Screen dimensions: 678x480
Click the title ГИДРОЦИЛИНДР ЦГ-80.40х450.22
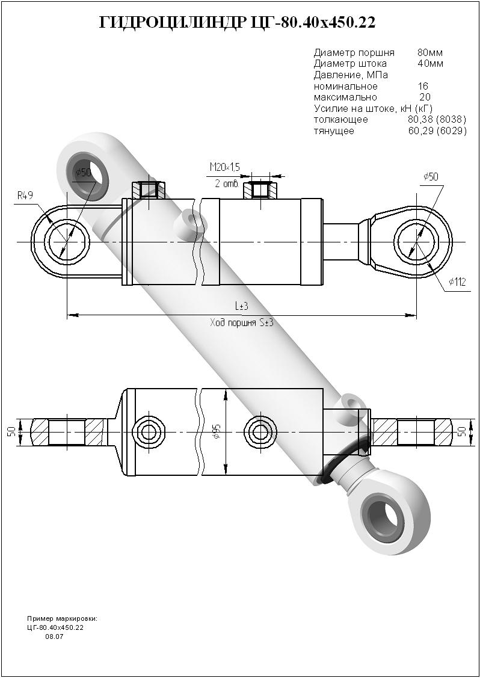238,23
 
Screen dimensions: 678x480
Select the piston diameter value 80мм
430,52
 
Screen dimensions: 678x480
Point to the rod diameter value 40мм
430,63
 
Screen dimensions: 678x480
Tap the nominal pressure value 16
423,86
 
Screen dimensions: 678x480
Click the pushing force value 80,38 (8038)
437,120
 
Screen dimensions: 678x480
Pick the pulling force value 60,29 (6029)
437,131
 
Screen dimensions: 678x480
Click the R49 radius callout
25,195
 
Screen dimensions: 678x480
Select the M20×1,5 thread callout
224,167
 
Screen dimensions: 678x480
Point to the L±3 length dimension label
241,306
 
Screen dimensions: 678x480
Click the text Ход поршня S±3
241,323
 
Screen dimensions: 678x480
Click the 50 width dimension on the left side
11,432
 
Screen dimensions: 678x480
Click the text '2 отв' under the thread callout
227,183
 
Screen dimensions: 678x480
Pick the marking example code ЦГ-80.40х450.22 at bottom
55,627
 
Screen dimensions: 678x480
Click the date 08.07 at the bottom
54,636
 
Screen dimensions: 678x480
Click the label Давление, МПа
351,75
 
